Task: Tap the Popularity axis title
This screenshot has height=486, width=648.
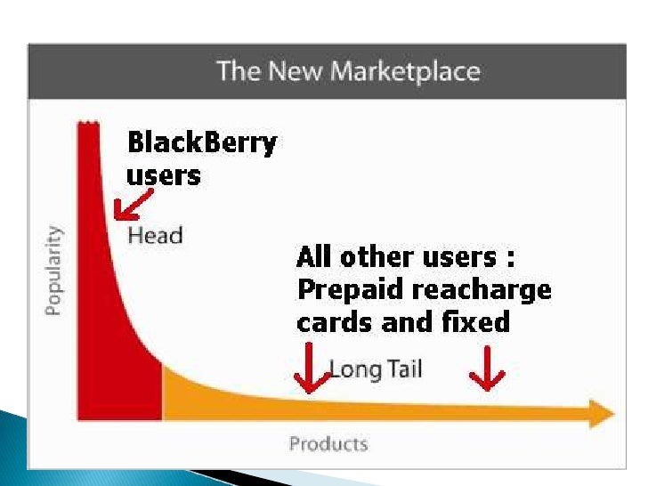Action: (x=53, y=270)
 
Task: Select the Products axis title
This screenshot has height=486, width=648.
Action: (x=328, y=443)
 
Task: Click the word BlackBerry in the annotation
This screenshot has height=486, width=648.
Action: (x=202, y=143)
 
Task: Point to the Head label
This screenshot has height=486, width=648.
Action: (x=155, y=236)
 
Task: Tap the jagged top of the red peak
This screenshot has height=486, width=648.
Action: (x=87, y=123)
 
